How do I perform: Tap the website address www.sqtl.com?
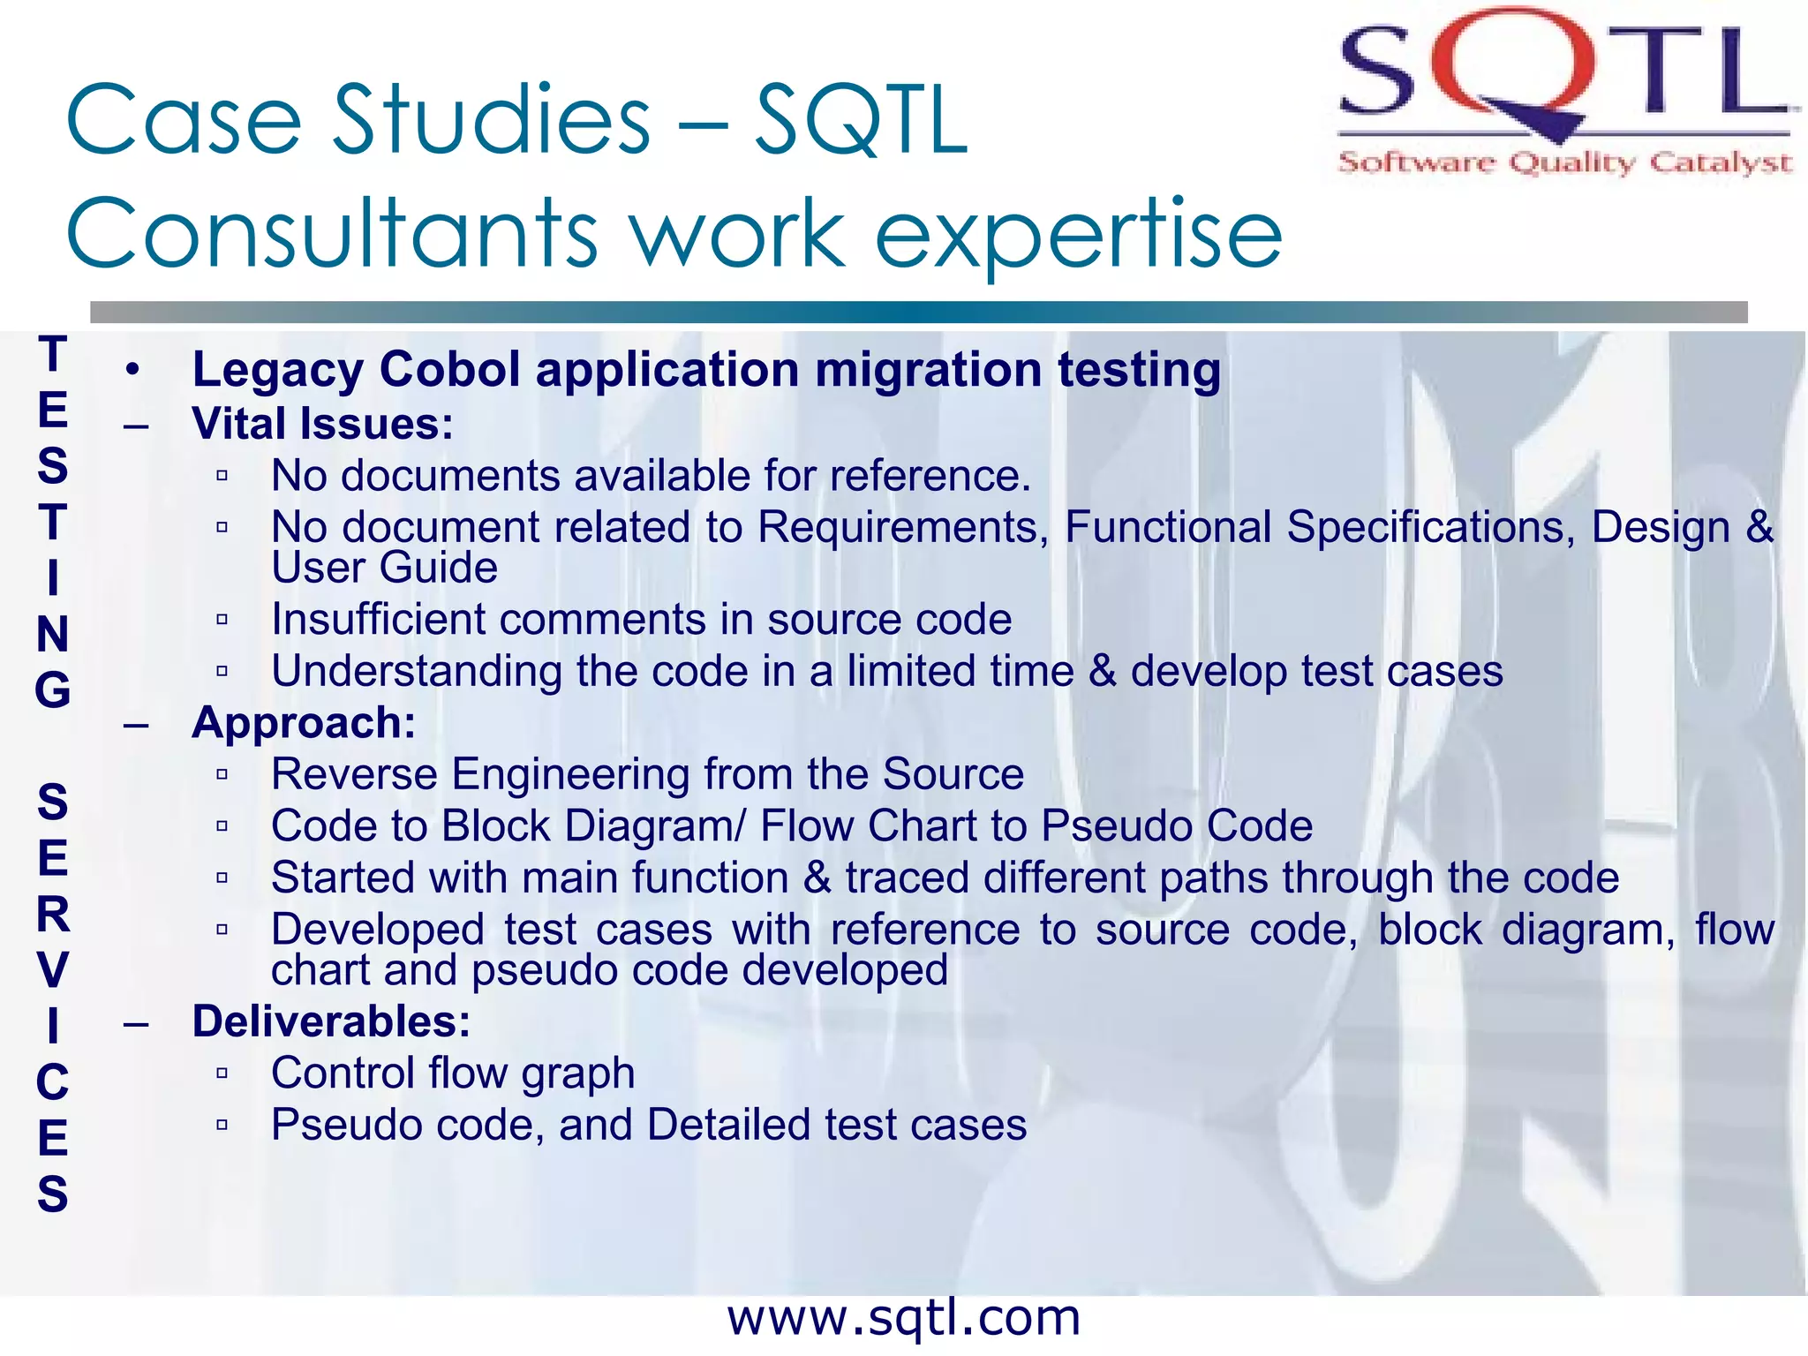click(903, 1317)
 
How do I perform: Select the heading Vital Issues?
click(323, 424)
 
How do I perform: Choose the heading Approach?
click(304, 722)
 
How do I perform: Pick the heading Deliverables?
click(331, 1021)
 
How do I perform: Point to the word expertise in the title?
click(1077, 234)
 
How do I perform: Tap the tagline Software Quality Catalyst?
click(1564, 162)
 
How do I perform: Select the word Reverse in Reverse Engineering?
click(354, 774)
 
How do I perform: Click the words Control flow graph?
click(453, 1073)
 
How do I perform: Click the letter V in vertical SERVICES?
click(52, 969)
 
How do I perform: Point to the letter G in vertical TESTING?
click(52, 689)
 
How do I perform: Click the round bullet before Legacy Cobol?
click(132, 370)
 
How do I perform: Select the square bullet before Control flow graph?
click(222, 1073)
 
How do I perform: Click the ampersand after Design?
click(1759, 527)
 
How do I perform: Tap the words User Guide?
click(384, 568)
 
